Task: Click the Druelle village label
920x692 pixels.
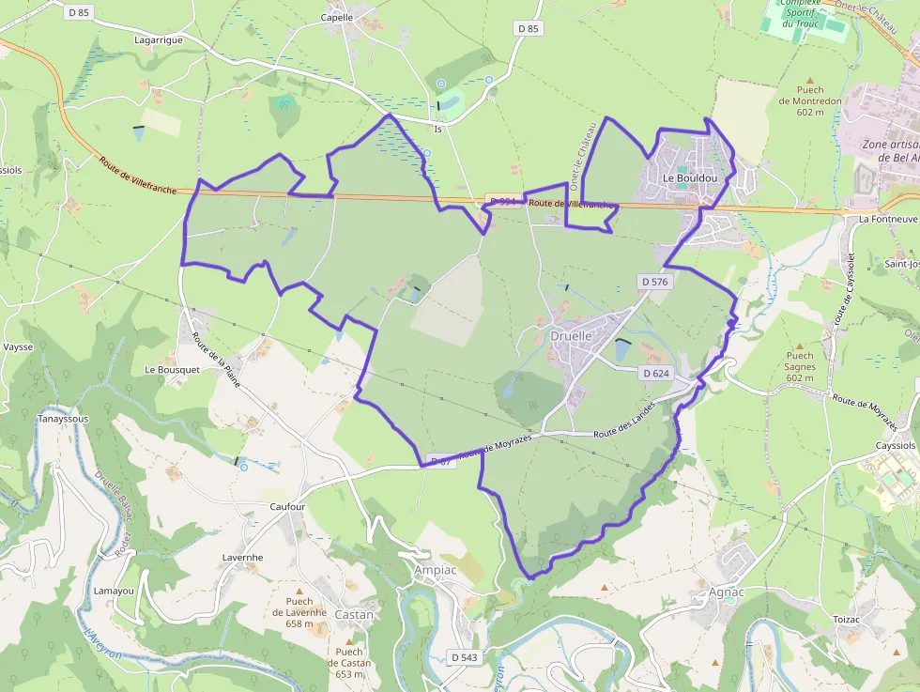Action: point(571,335)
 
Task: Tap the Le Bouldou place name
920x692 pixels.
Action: point(690,177)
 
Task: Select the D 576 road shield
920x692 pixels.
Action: point(655,282)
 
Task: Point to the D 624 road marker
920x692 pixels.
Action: point(656,373)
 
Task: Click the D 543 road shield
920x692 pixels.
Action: point(463,657)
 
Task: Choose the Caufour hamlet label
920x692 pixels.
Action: point(287,507)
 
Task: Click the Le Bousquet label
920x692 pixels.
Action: point(172,370)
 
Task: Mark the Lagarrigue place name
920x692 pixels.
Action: point(158,40)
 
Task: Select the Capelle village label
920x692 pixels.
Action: point(337,17)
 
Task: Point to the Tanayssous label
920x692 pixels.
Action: point(63,419)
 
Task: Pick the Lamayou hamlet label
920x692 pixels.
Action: point(114,591)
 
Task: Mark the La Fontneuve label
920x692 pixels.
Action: point(888,219)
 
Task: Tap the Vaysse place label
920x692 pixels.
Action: point(18,346)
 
